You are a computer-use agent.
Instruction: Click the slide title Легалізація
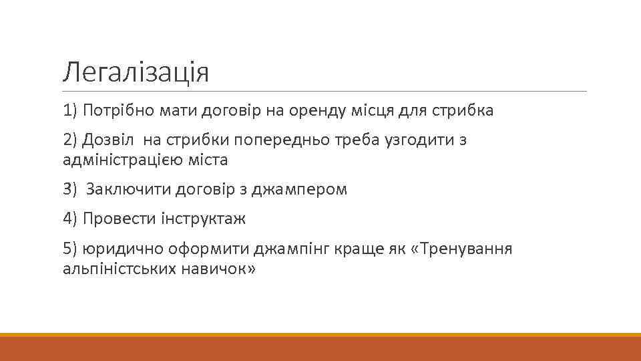coord(136,72)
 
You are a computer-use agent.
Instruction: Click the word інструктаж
coord(203,219)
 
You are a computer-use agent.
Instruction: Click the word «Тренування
coord(463,249)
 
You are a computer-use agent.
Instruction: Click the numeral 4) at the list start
coord(70,219)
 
